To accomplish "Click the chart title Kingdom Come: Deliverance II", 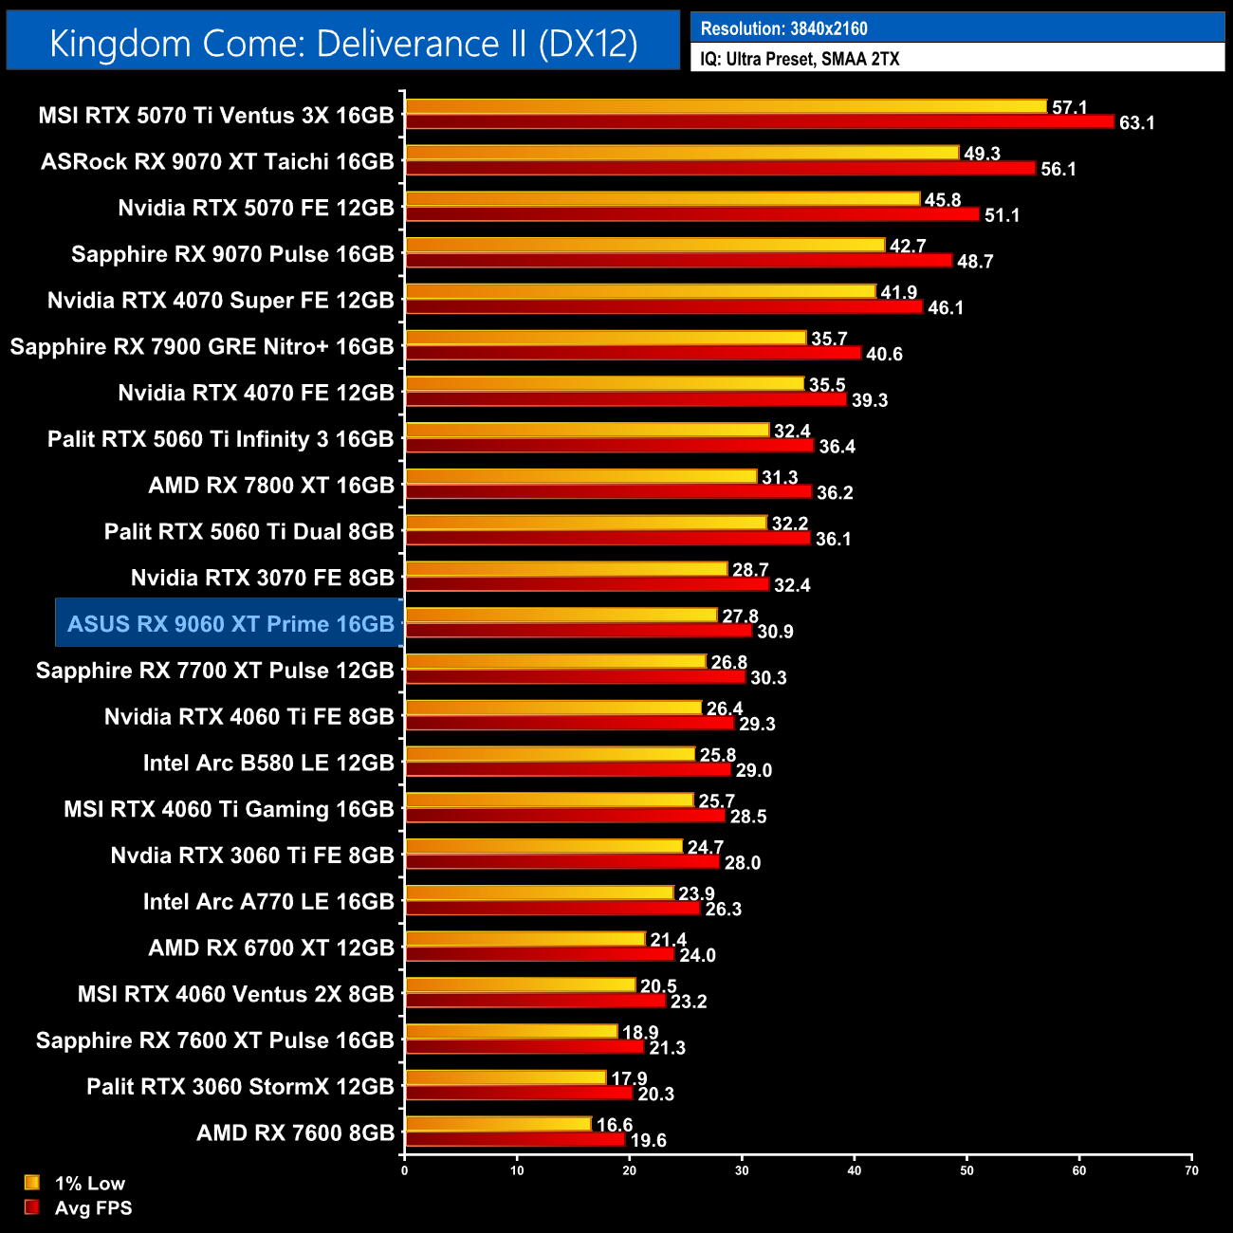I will click(x=343, y=44).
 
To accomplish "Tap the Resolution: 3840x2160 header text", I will click(x=783, y=28).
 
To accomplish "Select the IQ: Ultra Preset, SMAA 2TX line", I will click(x=800, y=59).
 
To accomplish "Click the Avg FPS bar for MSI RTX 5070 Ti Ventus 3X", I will click(x=759, y=121).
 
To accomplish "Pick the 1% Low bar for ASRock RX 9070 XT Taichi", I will click(x=682, y=153).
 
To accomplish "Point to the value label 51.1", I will click(x=1002, y=215).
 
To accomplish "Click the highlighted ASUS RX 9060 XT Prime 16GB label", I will click(x=230, y=624).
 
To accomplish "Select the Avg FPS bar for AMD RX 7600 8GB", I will click(x=515, y=1140).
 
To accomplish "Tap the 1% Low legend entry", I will click(x=76, y=1183).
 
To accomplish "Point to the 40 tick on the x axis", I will click(x=855, y=1170).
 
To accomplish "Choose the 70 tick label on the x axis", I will click(x=1191, y=1170).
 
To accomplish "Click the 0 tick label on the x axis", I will click(x=405, y=1170).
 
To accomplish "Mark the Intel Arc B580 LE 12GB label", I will click(x=268, y=764).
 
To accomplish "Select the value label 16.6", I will click(x=615, y=1125).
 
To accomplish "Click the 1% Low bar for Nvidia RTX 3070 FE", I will click(x=566, y=569).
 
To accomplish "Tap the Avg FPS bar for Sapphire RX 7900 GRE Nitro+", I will click(x=633, y=353).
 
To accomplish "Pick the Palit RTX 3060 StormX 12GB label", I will click(x=240, y=1087).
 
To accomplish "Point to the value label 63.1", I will click(x=1136, y=123).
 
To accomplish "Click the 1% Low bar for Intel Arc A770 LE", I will click(x=539, y=893).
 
